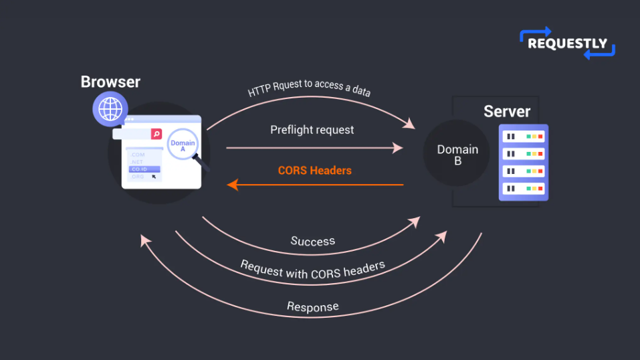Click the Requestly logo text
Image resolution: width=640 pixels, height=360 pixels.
567,43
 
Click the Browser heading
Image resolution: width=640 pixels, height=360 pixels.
110,82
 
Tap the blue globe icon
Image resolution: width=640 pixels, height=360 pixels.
110,108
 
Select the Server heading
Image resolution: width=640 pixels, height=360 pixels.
507,111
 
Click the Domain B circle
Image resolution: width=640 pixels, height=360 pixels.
457,154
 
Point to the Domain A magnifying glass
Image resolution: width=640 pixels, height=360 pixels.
183,146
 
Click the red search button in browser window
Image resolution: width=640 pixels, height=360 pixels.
156,134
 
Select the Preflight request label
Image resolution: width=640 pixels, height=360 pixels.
312,129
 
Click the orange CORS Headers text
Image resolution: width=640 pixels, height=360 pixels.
314,170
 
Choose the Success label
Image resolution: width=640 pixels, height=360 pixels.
313,240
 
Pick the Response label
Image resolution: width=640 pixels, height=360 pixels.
312,306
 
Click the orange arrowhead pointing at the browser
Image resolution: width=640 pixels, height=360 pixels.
233,184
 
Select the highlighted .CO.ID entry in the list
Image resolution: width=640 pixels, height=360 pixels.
144,169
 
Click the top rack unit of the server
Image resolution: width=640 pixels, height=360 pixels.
523,137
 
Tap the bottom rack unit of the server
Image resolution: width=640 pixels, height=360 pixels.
523,189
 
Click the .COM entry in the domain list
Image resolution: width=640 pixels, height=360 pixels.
138,155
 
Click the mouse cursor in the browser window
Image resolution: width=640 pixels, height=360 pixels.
154,177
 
